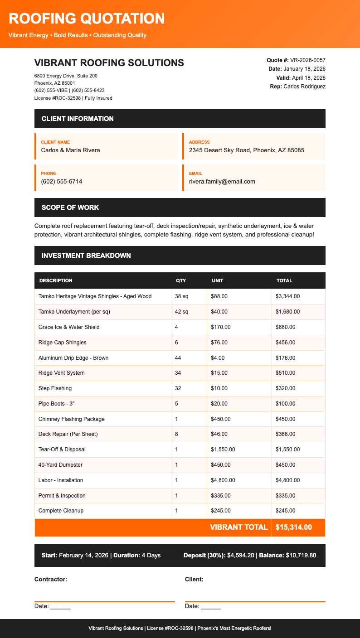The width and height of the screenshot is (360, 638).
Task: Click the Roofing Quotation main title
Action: click(x=87, y=19)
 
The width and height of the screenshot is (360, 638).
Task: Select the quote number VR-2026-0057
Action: click(x=307, y=60)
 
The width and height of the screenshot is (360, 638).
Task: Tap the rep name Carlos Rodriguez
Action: click(x=304, y=86)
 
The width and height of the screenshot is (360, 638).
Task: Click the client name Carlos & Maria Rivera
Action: click(x=70, y=150)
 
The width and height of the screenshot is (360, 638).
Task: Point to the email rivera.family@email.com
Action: click(x=222, y=181)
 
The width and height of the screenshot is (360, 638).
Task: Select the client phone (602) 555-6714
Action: click(x=62, y=181)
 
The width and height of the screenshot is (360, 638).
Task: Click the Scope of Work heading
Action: click(x=70, y=208)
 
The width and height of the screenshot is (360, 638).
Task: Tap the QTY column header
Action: click(x=181, y=280)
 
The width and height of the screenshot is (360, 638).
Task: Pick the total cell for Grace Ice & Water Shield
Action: click(x=286, y=327)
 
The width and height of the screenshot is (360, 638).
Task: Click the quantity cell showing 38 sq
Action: click(x=181, y=296)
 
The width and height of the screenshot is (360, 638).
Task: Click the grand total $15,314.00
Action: click(x=294, y=527)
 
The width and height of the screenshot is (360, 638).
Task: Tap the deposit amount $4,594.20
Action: click(x=243, y=556)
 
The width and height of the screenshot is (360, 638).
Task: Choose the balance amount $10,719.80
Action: click(x=301, y=556)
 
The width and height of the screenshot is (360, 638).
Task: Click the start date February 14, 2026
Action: click(x=84, y=556)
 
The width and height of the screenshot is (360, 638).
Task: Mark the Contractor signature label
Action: click(x=51, y=579)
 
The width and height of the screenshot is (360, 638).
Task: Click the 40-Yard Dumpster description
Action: click(x=60, y=465)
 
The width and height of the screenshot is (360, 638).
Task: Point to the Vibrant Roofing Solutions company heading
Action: click(x=109, y=63)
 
